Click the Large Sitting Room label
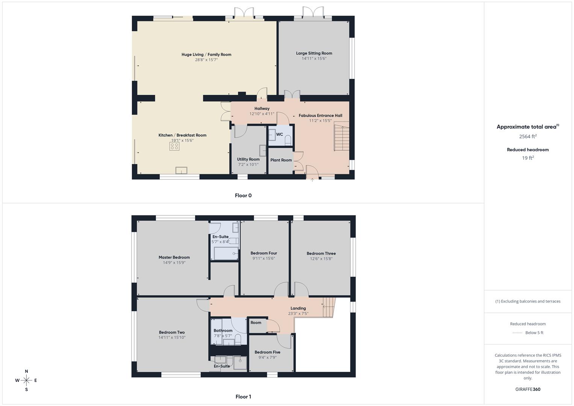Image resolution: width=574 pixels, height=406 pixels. point(314,53)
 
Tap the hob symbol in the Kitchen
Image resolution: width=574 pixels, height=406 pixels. point(174,146)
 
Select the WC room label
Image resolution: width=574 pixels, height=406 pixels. point(279,135)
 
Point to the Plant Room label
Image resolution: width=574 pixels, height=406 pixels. point(281,160)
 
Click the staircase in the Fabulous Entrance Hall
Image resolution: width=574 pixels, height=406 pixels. point(341,138)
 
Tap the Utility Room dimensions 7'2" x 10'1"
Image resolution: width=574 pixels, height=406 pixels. point(248,165)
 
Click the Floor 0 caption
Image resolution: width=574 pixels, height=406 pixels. point(243,195)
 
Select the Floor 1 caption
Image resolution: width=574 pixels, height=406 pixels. point(243,397)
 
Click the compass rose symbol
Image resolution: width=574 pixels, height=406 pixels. point(26,380)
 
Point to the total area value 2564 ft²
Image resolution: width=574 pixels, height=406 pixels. point(528,136)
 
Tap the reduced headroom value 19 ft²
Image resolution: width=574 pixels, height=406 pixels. point(528,158)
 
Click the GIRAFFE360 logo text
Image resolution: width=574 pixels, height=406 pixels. point(528,389)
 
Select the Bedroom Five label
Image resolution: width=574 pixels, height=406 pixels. point(267,352)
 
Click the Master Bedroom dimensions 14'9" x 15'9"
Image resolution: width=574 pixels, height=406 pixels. point(174,263)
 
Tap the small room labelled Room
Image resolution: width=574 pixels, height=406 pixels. point(256,323)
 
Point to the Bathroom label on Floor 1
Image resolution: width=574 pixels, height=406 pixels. point(223,331)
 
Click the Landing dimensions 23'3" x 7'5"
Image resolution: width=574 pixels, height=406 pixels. point(298,314)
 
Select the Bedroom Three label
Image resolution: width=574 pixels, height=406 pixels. point(321,253)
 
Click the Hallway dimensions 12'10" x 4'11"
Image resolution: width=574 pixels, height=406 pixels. point(262,114)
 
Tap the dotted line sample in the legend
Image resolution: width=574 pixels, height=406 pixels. point(517,333)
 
